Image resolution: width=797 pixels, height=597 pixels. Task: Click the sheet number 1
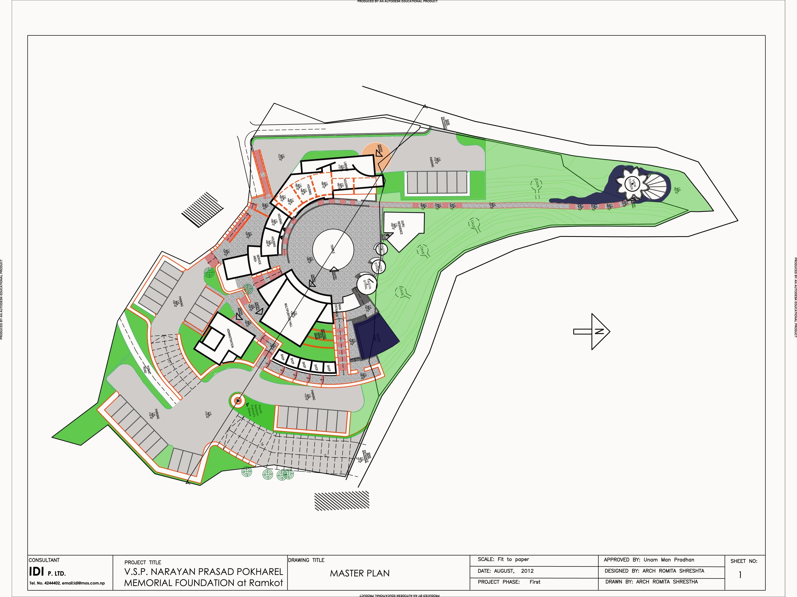tap(740, 575)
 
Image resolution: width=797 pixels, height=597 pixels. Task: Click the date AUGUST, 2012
tap(513, 571)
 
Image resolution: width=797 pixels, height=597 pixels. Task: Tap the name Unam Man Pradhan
tap(669, 560)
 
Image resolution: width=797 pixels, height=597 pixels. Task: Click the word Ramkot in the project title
tap(266, 583)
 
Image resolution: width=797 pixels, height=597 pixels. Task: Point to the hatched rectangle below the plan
tap(342, 501)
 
